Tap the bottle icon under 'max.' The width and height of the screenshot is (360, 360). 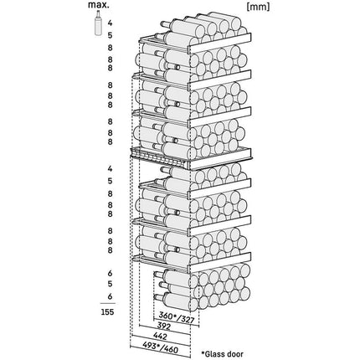click(x=98, y=23)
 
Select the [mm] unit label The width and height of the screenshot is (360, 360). click(x=258, y=8)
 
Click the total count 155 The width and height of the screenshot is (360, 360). click(x=108, y=311)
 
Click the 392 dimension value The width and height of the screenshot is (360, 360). click(x=164, y=327)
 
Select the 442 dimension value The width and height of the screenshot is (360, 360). click(x=160, y=337)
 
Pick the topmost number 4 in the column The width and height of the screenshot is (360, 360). click(x=111, y=23)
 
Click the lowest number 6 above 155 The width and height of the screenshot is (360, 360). click(x=111, y=296)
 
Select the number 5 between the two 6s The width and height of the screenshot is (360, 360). click(x=111, y=284)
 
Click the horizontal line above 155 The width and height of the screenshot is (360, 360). click(x=108, y=303)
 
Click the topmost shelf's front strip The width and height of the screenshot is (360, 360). click(x=220, y=43)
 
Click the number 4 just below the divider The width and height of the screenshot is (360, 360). click(x=111, y=169)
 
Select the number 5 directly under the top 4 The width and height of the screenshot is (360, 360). click(x=111, y=35)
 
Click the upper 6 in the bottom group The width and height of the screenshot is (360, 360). click(x=111, y=274)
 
